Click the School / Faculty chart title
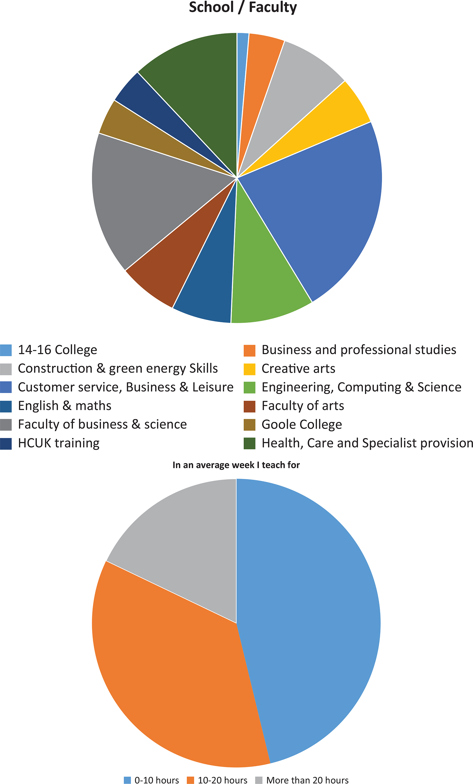click(x=243, y=7)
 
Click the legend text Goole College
click(x=302, y=424)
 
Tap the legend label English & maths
click(x=64, y=406)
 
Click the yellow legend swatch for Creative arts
click(x=249, y=369)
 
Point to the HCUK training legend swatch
click(x=6, y=443)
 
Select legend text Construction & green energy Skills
click(x=118, y=369)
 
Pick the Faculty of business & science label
click(x=102, y=424)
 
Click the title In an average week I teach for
click(x=236, y=465)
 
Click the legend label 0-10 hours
click(x=157, y=780)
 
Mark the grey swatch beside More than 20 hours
click(x=259, y=780)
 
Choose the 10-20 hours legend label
click(x=222, y=780)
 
